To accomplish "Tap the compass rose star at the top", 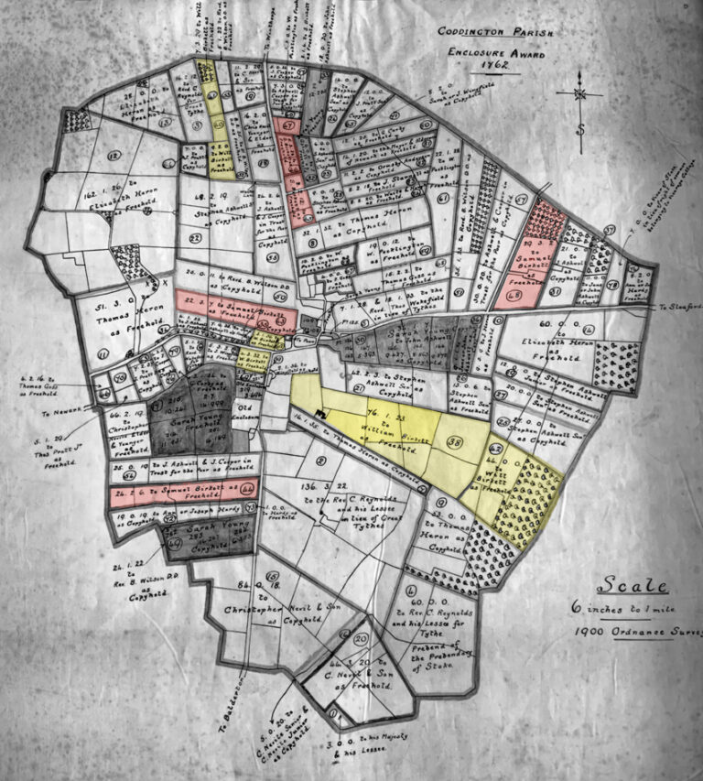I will click(x=580, y=93).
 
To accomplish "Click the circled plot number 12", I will click(x=114, y=157).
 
